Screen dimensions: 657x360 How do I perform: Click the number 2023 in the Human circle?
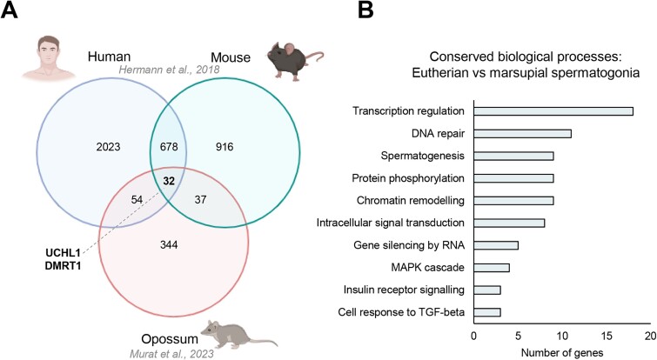[x=108, y=147]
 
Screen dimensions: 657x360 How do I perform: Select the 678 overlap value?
[x=169, y=147]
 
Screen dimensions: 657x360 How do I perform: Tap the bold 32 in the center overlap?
[x=169, y=181]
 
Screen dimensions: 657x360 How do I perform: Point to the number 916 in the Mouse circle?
[x=225, y=147]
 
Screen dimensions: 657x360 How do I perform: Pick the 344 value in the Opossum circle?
[x=169, y=244]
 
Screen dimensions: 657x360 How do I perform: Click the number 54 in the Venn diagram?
[x=137, y=200]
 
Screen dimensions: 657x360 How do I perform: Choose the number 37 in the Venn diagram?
[x=200, y=200]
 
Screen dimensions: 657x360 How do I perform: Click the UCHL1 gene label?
[x=63, y=253]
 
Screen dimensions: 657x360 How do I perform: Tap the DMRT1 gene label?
[x=63, y=265]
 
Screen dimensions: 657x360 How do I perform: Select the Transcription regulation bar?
[x=553, y=111]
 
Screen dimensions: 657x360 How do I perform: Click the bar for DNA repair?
[x=522, y=134]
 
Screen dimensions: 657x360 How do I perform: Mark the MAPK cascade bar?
[x=492, y=268]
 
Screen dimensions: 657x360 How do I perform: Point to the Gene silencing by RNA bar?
[x=496, y=245]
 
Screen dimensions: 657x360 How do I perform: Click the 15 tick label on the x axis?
[x=607, y=336]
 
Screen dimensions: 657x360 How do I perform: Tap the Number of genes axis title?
[x=562, y=352]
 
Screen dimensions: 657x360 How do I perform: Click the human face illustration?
[x=48, y=57]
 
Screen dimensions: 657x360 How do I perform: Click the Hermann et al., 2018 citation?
[x=169, y=69]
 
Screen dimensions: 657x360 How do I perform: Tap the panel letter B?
[x=365, y=10]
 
